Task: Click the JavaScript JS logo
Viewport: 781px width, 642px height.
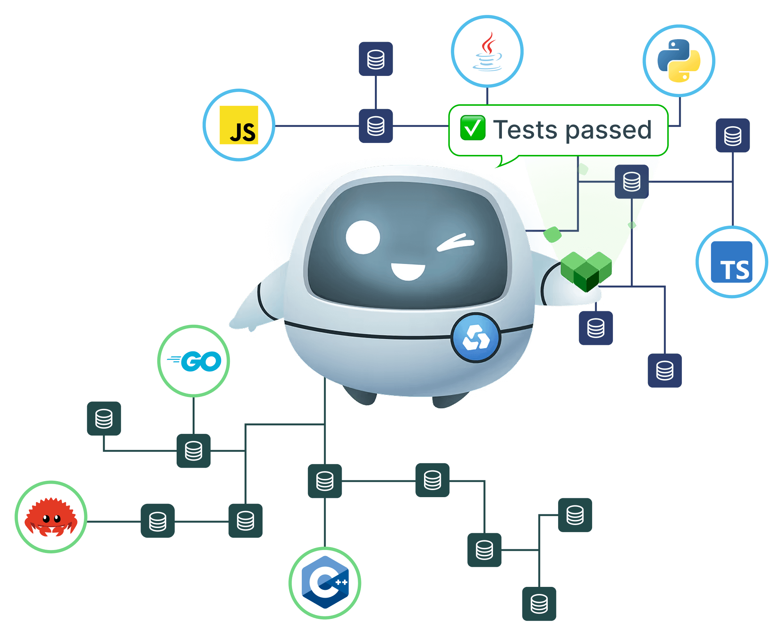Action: pyautogui.click(x=239, y=125)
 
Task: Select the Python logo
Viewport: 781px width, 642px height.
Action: pyautogui.click(x=679, y=61)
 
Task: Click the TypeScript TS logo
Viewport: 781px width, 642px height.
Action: pyautogui.click(x=732, y=262)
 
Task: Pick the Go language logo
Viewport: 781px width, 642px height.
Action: pyautogui.click(x=194, y=361)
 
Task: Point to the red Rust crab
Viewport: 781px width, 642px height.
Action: pyautogui.click(x=51, y=517)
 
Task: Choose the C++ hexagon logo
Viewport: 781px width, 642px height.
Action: pyautogui.click(x=325, y=582)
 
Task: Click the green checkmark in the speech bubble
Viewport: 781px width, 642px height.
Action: pyautogui.click(x=472, y=128)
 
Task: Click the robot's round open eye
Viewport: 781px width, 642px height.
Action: pyautogui.click(x=363, y=237)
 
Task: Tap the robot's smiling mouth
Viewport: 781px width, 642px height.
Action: pyautogui.click(x=408, y=271)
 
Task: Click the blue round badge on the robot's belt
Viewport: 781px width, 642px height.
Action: pyautogui.click(x=476, y=338)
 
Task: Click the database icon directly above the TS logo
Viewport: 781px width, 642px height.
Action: pyautogui.click(x=733, y=136)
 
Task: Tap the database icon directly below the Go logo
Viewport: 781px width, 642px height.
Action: pyautogui.click(x=194, y=451)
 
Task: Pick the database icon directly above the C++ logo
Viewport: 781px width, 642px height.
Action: pyautogui.click(x=325, y=481)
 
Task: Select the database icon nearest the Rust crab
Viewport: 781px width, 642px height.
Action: pyautogui.click(x=158, y=521)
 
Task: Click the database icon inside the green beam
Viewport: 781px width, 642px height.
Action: pyautogui.click(x=632, y=181)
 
